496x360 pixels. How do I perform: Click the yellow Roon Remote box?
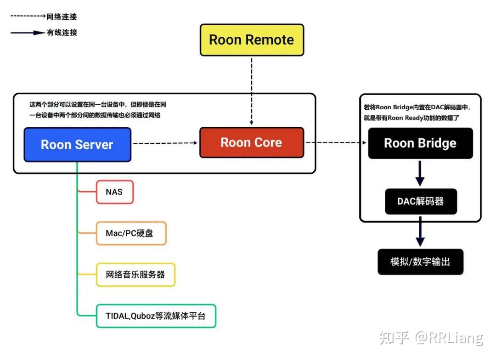tap(252, 40)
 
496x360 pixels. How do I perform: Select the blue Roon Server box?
tap(77, 145)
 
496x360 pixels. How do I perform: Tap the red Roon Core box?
tap(251, 143)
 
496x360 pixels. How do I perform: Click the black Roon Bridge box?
tap(420, 143)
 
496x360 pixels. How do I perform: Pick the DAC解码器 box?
tap(421, 202)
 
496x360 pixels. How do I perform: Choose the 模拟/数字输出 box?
tap(420, 262)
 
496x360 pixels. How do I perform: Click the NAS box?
tap(114, 192)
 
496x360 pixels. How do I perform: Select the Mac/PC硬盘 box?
tap(130, 233)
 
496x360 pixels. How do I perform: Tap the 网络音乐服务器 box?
tap(135, 275)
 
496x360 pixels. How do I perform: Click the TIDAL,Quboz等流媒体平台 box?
tap(156, 316)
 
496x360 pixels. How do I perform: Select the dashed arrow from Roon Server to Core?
tap(165, 143)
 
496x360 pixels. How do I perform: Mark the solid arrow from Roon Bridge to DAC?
tap(420, 173)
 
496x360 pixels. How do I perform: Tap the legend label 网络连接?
tap(62, 17)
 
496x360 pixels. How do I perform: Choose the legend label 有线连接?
tap(62, 33)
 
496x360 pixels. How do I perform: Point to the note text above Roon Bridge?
tap(417, 112)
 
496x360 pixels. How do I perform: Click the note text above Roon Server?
tap(98, 110)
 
